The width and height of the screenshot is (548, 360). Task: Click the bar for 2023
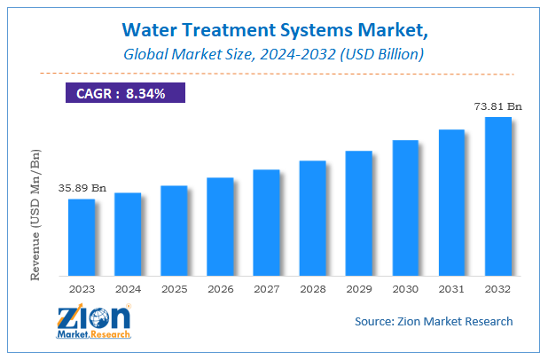(82, 237)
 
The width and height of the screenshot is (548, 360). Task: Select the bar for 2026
(220, 226)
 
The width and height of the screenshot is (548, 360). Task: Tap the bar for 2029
(358, 213)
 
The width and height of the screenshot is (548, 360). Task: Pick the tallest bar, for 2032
(497, 196)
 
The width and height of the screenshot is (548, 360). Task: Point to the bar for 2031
(451, 202)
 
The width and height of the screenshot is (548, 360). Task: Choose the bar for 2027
(266, 222)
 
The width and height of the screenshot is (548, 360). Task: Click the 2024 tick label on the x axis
(128, 288)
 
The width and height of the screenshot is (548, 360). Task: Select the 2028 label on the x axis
(312, 288)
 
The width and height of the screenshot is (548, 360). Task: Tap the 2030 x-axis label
(405, 288)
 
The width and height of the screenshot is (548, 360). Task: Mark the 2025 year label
(174, 288)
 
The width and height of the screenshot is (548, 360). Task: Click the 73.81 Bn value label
(497, 106)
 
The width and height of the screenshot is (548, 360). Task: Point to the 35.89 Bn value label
(82, 188)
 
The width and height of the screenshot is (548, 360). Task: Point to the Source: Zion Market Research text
(433, 321)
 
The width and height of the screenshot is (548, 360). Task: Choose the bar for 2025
(174, 231)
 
